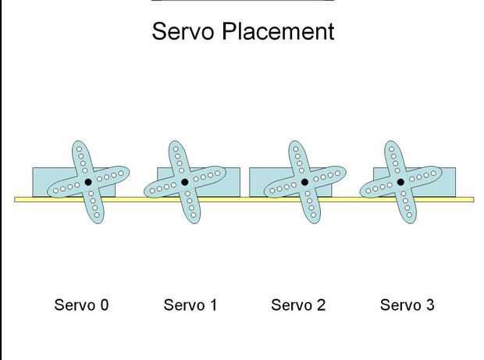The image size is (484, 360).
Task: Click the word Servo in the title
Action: [183, 31]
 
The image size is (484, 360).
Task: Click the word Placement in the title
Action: [278, 31]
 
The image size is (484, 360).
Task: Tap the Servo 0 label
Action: [81, 305]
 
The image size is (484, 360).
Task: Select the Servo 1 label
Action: [190, 305]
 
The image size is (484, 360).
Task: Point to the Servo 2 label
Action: [298, 305]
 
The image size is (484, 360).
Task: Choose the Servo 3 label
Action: [407, 305]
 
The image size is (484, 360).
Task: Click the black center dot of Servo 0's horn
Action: [88, 182]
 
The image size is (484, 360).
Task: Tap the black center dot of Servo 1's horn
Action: [184, 182]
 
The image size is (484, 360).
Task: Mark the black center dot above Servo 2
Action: [304, 182]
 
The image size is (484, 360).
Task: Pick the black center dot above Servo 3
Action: [400, 182]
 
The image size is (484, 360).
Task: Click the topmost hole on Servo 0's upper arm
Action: [80, 149]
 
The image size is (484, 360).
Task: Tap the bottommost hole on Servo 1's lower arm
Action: [194, 215]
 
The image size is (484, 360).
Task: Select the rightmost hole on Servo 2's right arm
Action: [337, 173]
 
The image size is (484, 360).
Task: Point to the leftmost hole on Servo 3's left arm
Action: [368, 191]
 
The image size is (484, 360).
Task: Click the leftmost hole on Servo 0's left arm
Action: [56, 191]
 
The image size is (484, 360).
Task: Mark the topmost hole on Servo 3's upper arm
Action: [392, 149]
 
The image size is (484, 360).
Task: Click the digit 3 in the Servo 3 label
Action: [430, 305]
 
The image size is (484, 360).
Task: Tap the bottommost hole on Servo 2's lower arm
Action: [313, 215]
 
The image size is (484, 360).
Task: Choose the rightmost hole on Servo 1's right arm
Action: [217, 173]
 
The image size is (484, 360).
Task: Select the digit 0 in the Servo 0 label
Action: [105, 305]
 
